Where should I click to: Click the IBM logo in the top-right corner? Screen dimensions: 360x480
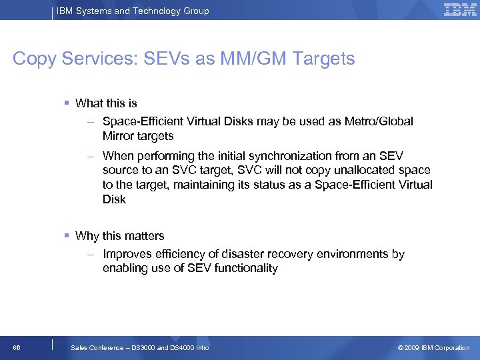coord(459,9)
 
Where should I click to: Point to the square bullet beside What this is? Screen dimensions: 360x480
coord(68,103)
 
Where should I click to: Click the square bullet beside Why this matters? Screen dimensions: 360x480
coord(68,235)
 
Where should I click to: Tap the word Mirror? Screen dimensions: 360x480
coord(119,136)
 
